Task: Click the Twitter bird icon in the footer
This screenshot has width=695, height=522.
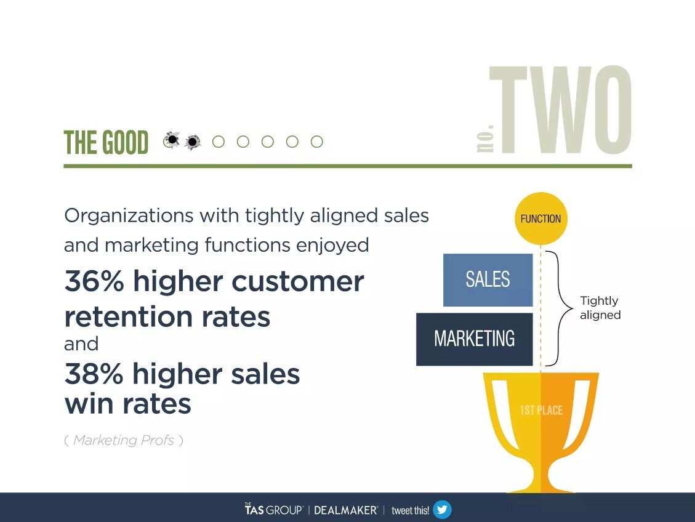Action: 442,510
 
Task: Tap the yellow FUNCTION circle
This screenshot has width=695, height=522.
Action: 540,219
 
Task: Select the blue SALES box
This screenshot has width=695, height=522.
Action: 488,279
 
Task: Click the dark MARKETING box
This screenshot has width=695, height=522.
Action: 474,339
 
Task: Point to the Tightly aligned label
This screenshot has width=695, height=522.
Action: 600,308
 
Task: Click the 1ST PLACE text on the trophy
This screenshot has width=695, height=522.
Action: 541,410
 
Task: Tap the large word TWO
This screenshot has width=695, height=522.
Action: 564,111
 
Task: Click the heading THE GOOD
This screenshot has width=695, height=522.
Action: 106,143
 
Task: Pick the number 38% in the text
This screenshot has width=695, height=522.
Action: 94,374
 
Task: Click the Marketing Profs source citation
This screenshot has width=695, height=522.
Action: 124,440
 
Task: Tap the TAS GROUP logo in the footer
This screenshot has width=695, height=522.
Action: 273,510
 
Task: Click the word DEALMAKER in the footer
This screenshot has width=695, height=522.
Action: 345,510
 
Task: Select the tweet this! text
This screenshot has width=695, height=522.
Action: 410,510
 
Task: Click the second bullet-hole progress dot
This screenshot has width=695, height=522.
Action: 193,142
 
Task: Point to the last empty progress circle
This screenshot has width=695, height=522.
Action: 316,142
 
